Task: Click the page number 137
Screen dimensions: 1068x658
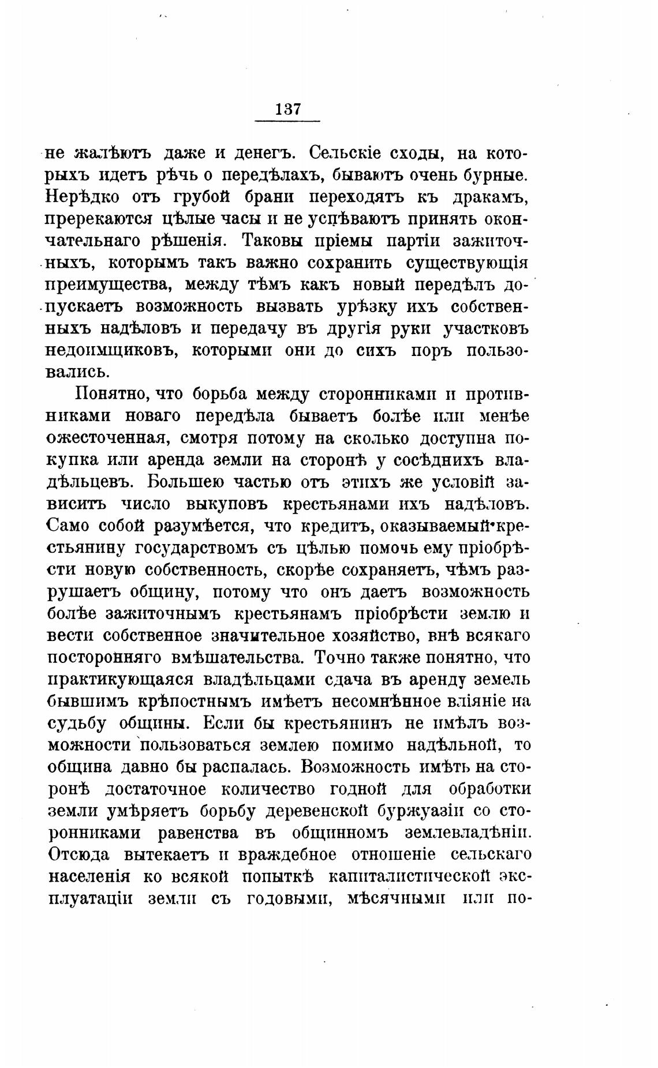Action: coord(288,109)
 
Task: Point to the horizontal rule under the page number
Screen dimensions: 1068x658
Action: coord(287,121)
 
